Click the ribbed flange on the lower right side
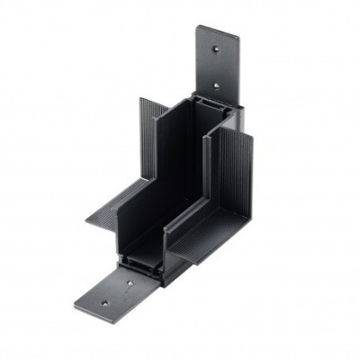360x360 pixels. coord(225,238)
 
